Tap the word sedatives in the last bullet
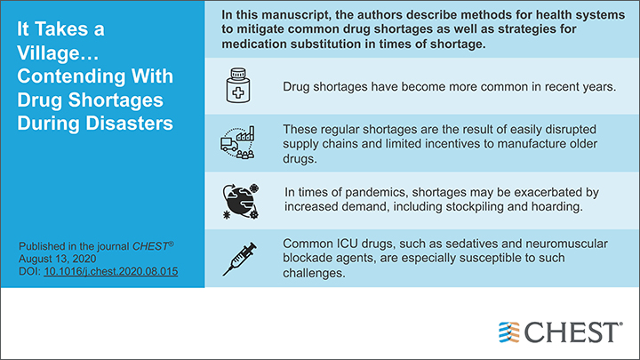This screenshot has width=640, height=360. [439, 244]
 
